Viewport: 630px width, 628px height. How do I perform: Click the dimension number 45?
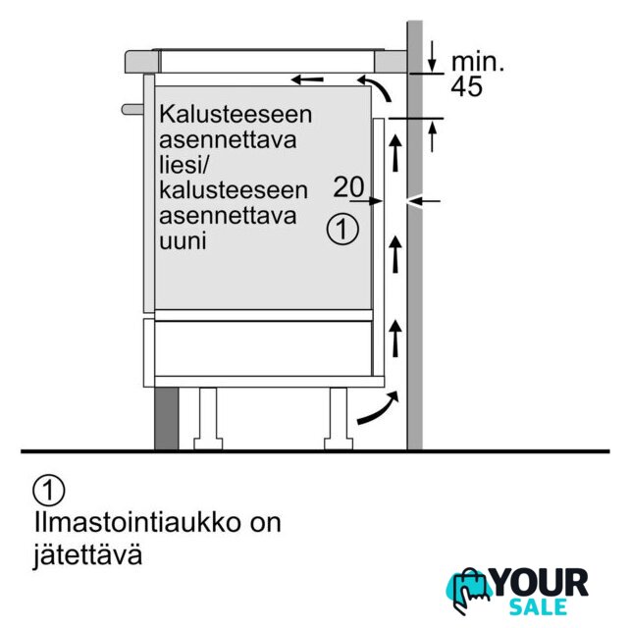click(466, 86)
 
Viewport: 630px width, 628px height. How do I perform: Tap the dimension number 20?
click(348, 186)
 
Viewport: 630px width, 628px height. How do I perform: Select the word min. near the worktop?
click(478, 62)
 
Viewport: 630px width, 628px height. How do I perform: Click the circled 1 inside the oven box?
click(342, 230)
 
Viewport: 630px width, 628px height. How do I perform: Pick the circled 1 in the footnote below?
click(49, 491)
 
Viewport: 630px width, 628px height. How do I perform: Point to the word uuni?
click(183, 241)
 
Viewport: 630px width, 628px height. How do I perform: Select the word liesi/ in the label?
click(184, 164)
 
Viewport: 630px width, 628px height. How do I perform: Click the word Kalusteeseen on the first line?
click(236, 114)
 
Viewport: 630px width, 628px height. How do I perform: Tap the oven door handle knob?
click(132, 109)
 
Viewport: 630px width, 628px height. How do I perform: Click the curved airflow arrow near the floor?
click(378, 408)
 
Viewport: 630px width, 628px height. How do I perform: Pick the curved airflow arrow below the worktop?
click(375, 86)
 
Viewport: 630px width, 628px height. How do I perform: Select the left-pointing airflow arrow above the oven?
click(307, 79)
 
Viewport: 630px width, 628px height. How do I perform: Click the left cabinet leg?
click(208, 418)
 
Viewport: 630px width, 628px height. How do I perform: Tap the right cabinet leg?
click(339, 418)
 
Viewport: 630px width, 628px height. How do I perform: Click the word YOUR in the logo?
click(539, 582)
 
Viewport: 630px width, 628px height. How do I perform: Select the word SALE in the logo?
click(539, 606)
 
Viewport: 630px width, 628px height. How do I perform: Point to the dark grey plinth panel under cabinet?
click(167, 419)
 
